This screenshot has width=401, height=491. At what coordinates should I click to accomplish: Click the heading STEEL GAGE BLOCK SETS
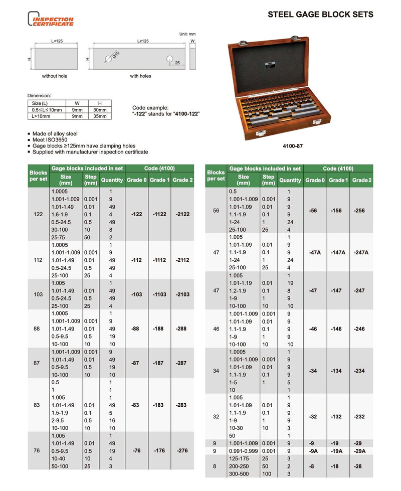pos(320,15)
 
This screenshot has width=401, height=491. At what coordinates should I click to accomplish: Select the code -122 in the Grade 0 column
pos(136,214)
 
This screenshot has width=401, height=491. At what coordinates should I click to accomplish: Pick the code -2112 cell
pos(182,260)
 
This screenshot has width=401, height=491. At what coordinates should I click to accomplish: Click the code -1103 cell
pos(159,294)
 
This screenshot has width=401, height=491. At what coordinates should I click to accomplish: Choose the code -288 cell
pos(182,329)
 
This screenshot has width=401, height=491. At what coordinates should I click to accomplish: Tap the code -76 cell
pos(136,450)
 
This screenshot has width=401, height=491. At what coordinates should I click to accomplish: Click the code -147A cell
pos(338,252)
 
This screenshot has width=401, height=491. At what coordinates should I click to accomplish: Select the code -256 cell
pos(360,211)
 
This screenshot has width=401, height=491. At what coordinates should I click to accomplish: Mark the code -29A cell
pos(360,451)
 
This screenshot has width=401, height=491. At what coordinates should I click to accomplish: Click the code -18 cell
pos(338,466)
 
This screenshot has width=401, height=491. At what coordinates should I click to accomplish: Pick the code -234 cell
pos(360,371)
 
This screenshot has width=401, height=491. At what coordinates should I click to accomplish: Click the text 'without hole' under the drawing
pos(55,76)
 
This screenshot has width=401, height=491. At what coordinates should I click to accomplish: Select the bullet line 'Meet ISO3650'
pos(50,140)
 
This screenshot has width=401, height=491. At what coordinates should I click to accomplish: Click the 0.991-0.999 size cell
pos(243,451)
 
